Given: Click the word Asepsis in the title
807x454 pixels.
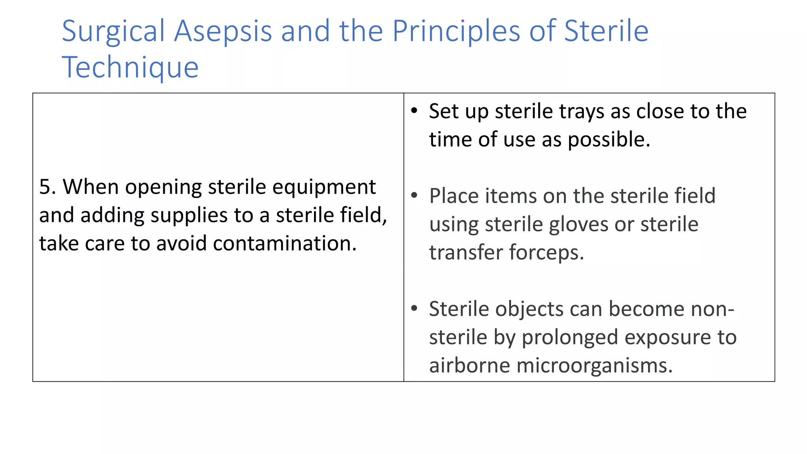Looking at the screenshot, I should pos(223,32).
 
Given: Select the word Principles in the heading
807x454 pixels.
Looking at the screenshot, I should pos(456,32).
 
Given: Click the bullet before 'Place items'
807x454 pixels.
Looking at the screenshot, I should pos(414,196).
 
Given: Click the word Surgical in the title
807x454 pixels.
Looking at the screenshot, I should pos(113,32).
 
